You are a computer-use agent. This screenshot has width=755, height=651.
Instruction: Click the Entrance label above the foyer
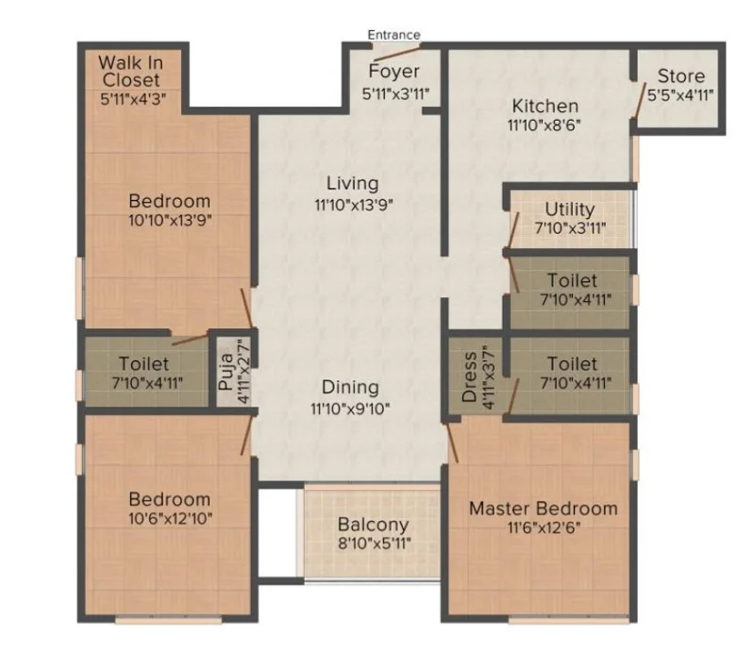(x=394, y=35)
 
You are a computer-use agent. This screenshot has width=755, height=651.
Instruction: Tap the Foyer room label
(x=394, y=72)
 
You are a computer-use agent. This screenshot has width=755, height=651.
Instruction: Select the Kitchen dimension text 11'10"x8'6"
(x=545, y=125)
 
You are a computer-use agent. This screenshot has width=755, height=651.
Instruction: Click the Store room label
(x=680, y=76)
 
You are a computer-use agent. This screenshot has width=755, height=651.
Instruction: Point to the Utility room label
(x=570, y=209)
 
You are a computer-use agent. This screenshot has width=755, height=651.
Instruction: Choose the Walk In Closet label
(x=130, y=72)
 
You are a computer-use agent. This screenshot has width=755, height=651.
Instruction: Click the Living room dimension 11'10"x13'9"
(x=354, y=205)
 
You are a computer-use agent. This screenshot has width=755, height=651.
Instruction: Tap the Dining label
(x=350, y=388)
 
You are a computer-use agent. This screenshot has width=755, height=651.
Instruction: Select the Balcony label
(x=373, y=525)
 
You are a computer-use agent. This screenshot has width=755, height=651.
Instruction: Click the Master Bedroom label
(x=544, y=509)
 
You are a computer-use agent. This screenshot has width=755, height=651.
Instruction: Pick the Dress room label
(x=469, y=377)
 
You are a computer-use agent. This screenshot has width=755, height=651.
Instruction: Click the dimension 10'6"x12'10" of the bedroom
(x=171, y=519)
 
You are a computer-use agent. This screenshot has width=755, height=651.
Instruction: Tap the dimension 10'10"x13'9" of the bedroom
(x=170, y=220)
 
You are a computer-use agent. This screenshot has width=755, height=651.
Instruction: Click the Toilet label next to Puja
(x=143, y=363)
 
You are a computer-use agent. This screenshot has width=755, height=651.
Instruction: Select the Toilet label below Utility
(x=572, y=280)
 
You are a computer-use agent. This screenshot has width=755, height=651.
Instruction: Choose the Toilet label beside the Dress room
(x=572, y=363)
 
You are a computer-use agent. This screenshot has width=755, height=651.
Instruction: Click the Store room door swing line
(x=641, y=100)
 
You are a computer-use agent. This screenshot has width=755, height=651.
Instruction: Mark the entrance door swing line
(x=397, y=53)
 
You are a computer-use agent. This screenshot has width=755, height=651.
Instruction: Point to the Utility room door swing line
(x=513, y=229)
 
